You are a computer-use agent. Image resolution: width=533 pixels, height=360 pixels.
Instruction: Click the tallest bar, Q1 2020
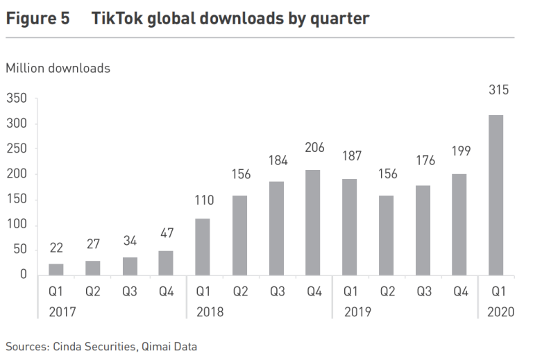pos(496,195)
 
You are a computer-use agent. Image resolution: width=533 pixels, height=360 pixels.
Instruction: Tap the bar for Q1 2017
pos(56,269)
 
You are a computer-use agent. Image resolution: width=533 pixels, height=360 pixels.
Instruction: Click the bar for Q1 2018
pos(203,247)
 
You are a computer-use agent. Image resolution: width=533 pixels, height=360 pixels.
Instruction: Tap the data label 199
pos(459,151)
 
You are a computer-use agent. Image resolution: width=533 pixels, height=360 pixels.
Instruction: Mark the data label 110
pos(203,200)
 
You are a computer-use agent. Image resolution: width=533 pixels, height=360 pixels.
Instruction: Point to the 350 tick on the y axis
pos(17,99)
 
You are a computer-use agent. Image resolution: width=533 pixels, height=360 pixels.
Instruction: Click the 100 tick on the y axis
pos(17,225)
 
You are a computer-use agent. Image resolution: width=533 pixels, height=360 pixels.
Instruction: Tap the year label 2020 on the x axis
pos(500,312)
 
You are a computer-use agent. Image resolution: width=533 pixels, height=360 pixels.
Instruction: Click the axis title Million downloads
pos(58,68)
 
